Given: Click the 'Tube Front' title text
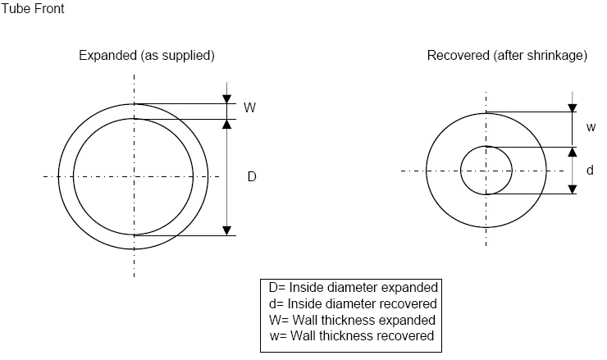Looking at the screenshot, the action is [x=33, y=9].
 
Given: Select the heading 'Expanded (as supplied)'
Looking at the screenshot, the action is [x=147, y=56].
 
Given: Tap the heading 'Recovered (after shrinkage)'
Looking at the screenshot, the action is [x=507, y=56].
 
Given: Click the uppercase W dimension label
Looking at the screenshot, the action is [x=249, y=107].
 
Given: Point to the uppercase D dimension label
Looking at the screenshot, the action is [x=252, y=177].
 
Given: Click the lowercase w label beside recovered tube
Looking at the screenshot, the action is [x=591, y=127].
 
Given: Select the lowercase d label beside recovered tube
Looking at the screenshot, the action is [x=590, y=170].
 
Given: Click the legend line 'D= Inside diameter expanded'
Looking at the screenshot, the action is [x=353, y=288].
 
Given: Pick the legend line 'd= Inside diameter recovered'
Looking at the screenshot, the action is [x=353, y=304].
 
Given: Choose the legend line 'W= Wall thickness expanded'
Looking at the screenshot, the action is [x=352, y=320].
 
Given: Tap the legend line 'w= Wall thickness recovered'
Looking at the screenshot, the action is [x=352, y=335].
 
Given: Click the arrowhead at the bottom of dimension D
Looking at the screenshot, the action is [x=227, y=230].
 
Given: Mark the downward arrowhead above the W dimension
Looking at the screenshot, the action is [x=227, y=99].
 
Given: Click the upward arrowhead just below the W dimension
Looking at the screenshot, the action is [x=227, y=124].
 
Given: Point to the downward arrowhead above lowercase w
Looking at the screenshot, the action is [x=573, y=108].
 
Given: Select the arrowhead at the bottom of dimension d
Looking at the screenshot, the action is [x=573, y=189].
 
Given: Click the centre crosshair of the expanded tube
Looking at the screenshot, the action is [x=134, y=177].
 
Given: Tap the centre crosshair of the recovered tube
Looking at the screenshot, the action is [x=486, y=171].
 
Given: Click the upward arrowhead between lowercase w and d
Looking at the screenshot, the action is [x=573, y=152].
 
